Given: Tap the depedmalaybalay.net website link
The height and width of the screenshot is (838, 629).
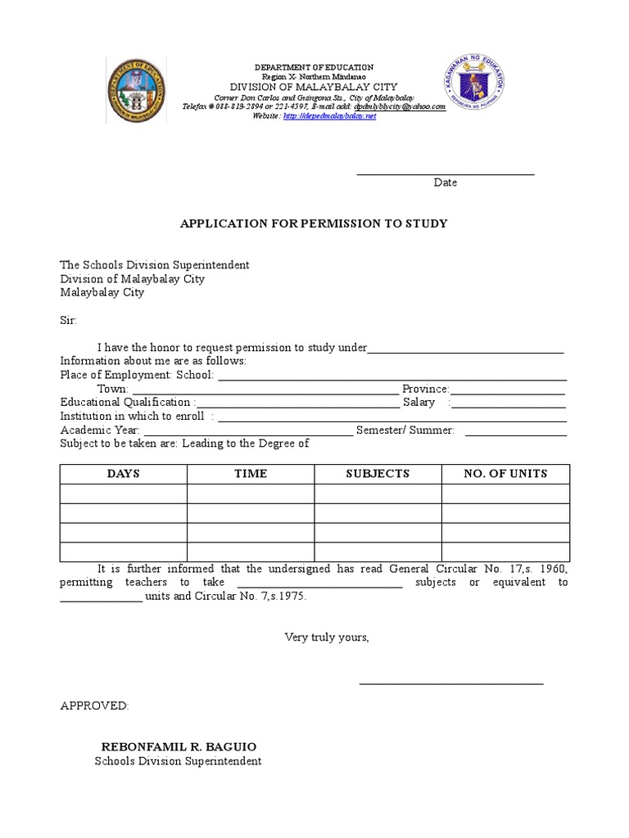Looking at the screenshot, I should click(329, 116).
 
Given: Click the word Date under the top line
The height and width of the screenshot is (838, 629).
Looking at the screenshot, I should click(446, 182).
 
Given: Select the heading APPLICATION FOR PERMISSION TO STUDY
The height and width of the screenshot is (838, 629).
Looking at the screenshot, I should click(314, 223).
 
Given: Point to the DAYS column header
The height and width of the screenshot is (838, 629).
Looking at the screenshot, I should click(123, 474).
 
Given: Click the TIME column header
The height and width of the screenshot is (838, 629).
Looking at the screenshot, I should click(251, 474).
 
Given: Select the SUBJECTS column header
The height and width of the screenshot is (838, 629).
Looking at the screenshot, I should click(378, 474).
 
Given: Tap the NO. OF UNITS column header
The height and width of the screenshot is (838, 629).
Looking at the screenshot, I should click(505, 474).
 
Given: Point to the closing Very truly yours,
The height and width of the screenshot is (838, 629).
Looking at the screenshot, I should click(327, 638).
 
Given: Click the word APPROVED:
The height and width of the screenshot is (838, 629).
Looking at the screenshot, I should click(94, 705).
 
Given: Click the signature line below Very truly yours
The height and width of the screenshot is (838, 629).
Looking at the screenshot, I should click(451, 682).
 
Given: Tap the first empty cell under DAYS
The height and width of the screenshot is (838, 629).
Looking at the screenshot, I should click(123, 493).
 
